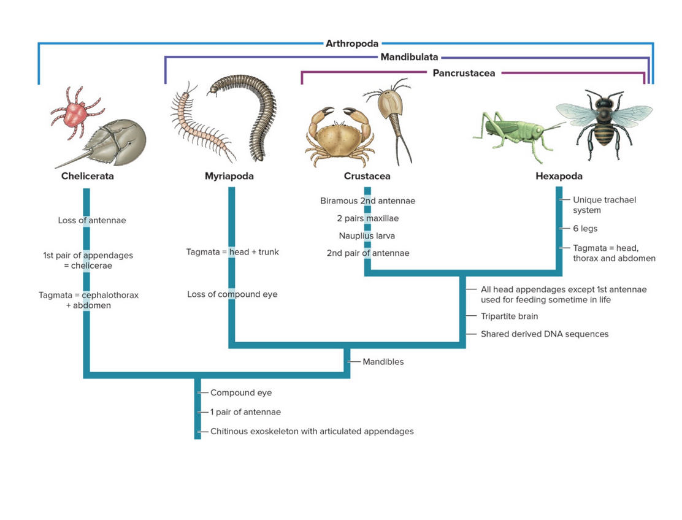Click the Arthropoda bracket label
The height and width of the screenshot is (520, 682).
(352, 44)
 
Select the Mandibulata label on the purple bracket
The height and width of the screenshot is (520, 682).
(409, 58)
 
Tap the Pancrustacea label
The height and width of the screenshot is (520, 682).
(464, 74)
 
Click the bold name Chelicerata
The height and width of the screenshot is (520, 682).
(88, 177)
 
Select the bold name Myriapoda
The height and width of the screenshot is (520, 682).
(229, 177)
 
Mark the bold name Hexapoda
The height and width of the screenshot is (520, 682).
(559, 177)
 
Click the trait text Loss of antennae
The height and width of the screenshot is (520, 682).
(92, 221)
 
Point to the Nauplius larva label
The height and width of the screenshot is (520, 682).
(367, 236)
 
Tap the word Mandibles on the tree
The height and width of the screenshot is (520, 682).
(383, 362)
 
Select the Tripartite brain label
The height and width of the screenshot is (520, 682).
(509, 316)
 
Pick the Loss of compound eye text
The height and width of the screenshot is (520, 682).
(232, 294)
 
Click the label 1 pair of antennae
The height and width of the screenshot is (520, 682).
(245, 412)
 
